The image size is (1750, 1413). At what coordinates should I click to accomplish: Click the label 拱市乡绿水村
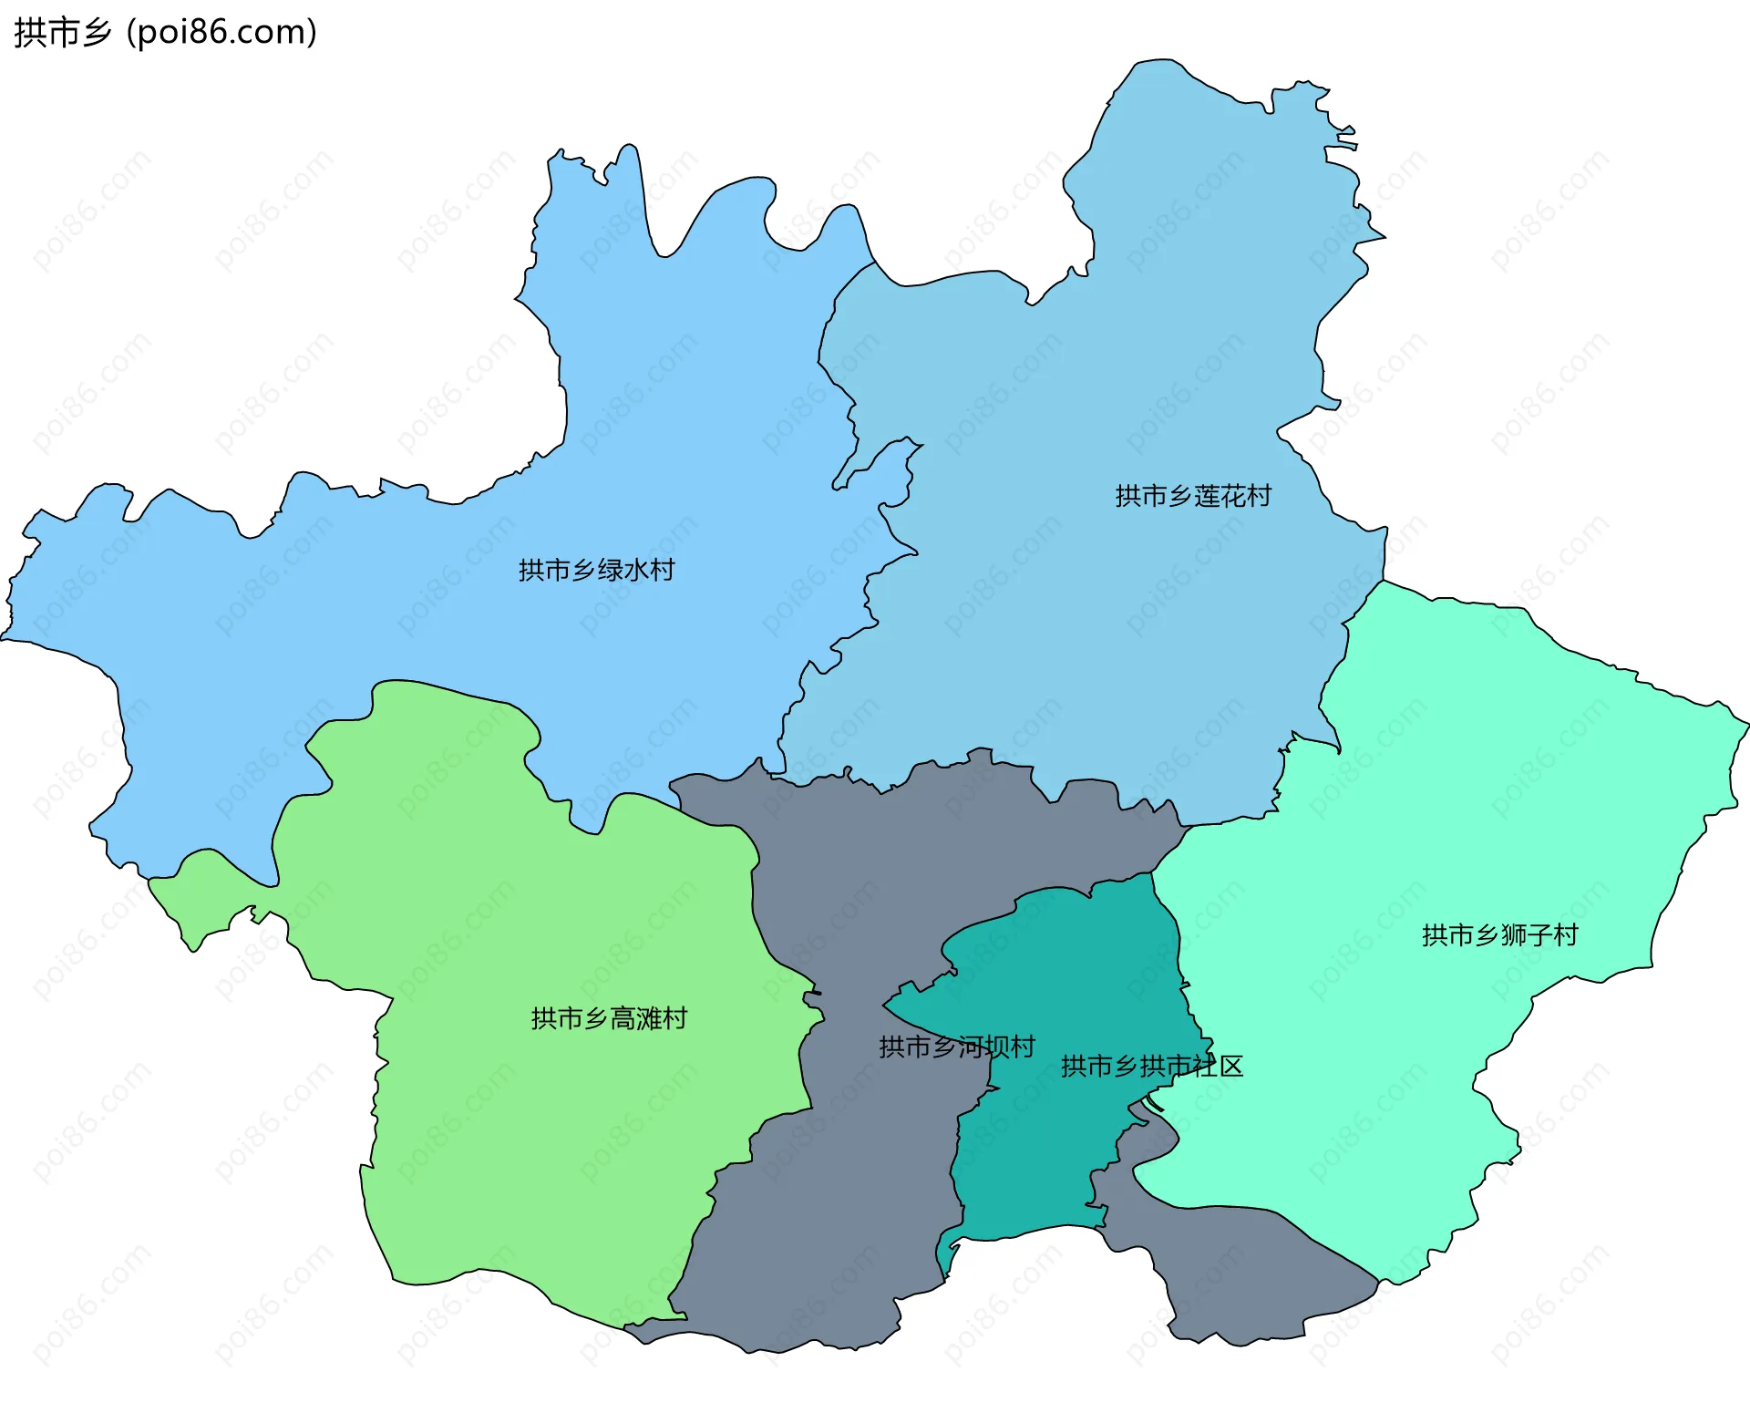[596, 570]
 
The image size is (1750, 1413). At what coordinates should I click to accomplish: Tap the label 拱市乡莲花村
[1192, 496]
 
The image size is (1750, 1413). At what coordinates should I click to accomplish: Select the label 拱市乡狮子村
[1499, 935]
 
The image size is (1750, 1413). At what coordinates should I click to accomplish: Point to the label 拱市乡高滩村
[609, 1018]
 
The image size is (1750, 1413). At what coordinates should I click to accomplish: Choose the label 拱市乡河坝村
[956, 1047]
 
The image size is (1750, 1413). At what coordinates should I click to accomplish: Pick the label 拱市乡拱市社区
[1152, 1066]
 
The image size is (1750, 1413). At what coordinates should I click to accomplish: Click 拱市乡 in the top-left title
[62, 33]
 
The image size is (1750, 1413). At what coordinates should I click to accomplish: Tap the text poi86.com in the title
[222, 33]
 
